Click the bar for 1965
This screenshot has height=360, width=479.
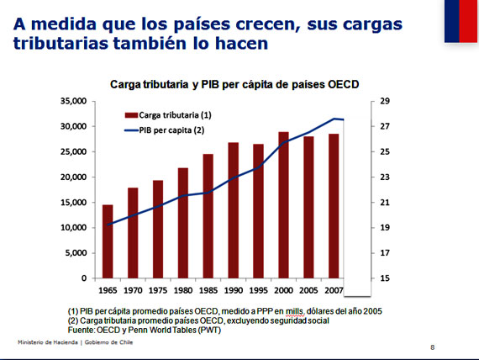[x=108, y=241]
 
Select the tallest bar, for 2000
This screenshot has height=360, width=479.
[x=284, y=205]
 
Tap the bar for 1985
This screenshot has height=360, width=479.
[x=208, y=216]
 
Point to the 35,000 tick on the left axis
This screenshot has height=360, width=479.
[x=74, y=101]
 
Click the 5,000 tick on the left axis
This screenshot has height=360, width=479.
[x=76, y=253]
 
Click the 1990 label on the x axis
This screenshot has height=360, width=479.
[x=234, y=290]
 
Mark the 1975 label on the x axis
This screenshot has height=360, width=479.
[x=158, y=290]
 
